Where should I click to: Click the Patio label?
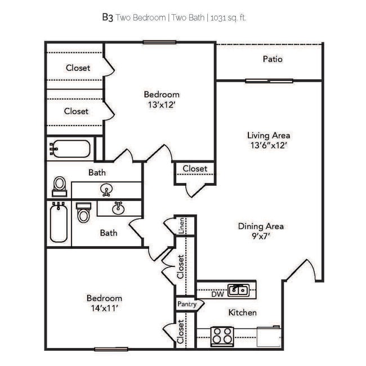(x=273, y=59)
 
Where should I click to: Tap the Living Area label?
(x=269, y=135)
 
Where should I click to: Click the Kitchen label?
(x=242, y=313)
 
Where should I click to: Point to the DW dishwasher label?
(x=218, y=294)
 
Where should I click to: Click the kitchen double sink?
(x=239, y=291)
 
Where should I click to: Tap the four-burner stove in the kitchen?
(x=222, y=336)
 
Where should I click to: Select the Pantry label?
(x=187, y=304)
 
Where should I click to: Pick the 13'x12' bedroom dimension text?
(x=162, y=104)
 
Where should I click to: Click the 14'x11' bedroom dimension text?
(x=104, y=308)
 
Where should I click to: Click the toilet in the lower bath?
(x=83, y=213)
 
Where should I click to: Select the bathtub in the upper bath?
(x=70, y=149)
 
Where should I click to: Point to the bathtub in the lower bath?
(x=59, y=224)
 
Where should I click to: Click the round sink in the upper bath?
(x=105, y=189)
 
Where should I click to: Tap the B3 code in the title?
(x=107, y=17)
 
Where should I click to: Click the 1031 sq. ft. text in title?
(x=228, y=18)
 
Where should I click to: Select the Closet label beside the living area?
(x=195, y=168)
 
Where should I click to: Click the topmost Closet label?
(x=78, y=68)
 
